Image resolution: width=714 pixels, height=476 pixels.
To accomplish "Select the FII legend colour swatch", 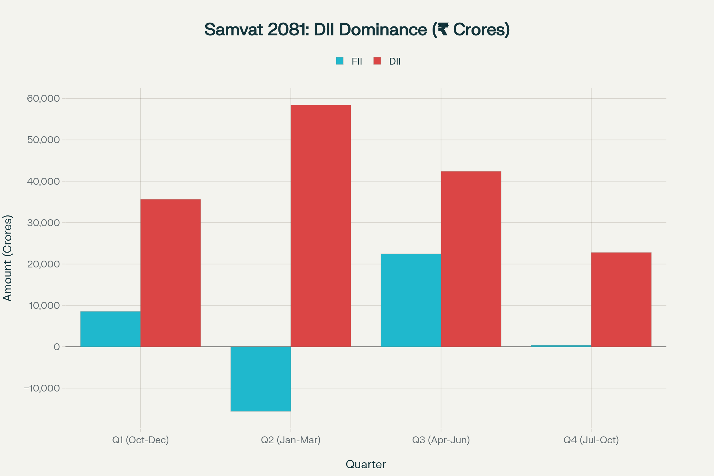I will pyautogui.click(x=340, y=61).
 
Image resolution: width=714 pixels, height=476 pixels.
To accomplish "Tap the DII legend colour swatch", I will pyautogui.click(x=377, y=61).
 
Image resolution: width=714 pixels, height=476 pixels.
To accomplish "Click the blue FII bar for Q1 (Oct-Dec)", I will pyautogui.click(x=110, y=329).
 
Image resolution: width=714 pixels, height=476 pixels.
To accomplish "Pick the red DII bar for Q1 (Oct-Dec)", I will pyautogui.click(x=170, y=273).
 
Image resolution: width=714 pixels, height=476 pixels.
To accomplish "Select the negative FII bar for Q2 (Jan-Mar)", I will pyautogui.click(x=261, y=379).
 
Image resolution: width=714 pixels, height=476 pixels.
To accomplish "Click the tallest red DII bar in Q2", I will pyautogui.click(x=321, y=226).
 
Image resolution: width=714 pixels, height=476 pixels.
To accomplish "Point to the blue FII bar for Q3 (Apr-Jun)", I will pyautogui.click(x=411, y=300).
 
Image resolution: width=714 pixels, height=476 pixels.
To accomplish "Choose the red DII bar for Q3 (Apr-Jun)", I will pyautogui.click(x=471, y=259).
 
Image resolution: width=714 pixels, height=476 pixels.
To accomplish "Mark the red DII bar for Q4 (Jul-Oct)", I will pyautogui.click(x=621, y=300).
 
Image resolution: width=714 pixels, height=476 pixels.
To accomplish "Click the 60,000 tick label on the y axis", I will pyautogui.click(x=43, y=99).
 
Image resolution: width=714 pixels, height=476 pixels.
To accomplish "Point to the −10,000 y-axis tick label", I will pyautogui.click(x=42, y=388).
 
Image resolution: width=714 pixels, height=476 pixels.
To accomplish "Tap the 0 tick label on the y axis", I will pyautogui.click(x=57, y=347).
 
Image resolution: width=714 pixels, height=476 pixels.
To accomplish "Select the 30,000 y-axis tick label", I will pyautogui.click(x=43, y=223).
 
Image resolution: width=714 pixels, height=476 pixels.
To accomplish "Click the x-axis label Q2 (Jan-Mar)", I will pyautogui.click(x=291, y=440).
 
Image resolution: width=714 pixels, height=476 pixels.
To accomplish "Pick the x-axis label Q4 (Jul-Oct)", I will pyautogui.click(x=591, y=440).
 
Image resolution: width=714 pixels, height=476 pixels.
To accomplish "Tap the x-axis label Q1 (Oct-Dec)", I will pyautogui.click(x=140, y=440).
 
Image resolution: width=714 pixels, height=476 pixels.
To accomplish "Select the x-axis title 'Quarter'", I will pyautogui.click(x=366, y=464).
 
